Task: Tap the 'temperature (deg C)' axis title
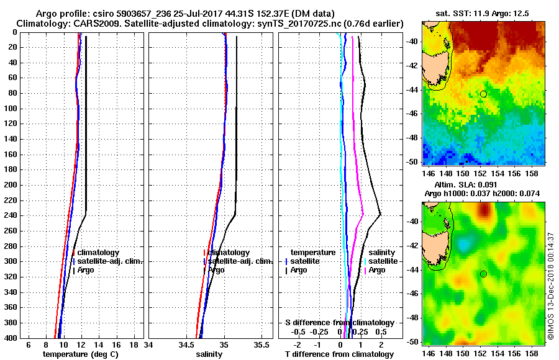80,354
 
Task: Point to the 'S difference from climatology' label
339,323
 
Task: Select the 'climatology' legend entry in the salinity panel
229,253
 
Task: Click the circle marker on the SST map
483,94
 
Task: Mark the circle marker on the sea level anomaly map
483,274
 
